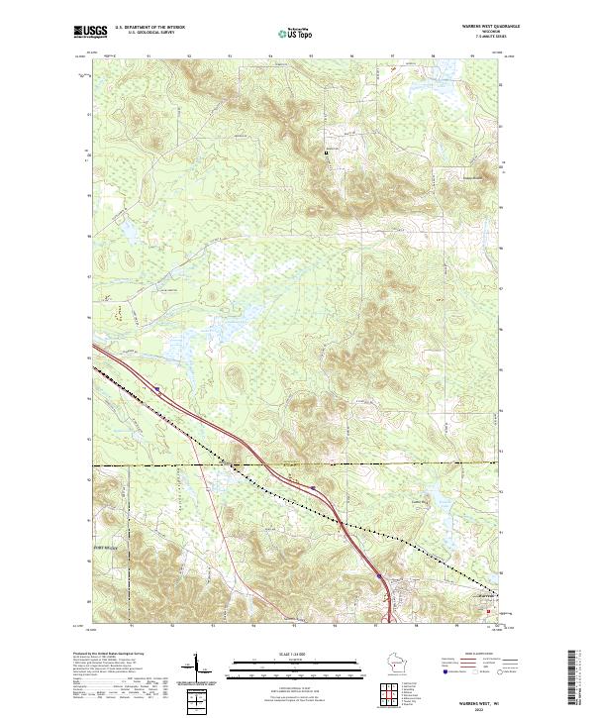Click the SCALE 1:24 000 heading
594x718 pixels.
pyautogui.click(x=297, y=653)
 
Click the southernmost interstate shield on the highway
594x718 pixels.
pyautogui.click(x=378, y=573)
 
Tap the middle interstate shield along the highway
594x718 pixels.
pyautogui.click(x=311, y=487)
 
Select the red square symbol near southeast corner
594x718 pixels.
pyautogui.click(x=486, y=612)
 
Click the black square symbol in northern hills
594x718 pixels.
pyautogui.click(x=328, y=153)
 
